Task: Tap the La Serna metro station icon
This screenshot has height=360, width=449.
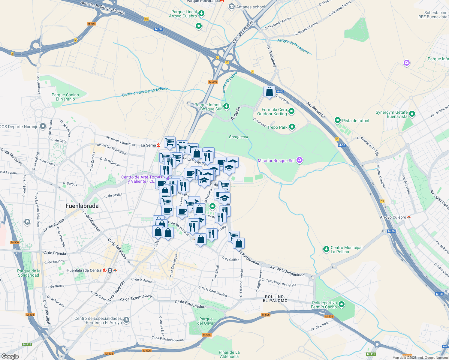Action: tap(158, 145)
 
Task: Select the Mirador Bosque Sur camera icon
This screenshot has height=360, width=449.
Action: tap(299, 160)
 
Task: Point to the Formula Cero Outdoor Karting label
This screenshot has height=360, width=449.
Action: tap(272, 112)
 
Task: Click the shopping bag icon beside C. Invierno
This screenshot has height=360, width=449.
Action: tap(269, 91)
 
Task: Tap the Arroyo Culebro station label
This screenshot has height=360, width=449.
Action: tap(393, 217)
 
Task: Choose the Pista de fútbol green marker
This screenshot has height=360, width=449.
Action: tap(338, 121)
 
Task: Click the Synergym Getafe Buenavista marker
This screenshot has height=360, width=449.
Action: tap(412, 114)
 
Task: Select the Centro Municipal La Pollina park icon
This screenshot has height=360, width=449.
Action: tap(326, 249)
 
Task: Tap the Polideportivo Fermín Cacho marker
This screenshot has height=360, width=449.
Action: tap(342, 305)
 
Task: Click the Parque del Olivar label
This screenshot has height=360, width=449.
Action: tap(206, 321)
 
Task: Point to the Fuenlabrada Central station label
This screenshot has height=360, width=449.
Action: tap(85, 270)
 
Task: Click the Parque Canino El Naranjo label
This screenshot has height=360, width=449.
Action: tap(65, 97)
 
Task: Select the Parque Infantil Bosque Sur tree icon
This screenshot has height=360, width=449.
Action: tap(226, 106)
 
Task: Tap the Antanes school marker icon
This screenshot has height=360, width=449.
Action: tap(231, 7)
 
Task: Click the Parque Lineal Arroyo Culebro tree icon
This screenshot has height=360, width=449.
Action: tap(201, 13)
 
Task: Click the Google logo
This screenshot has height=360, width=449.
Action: tap(10, 356)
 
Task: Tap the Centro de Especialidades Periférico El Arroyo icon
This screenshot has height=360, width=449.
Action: tap(126, 320)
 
